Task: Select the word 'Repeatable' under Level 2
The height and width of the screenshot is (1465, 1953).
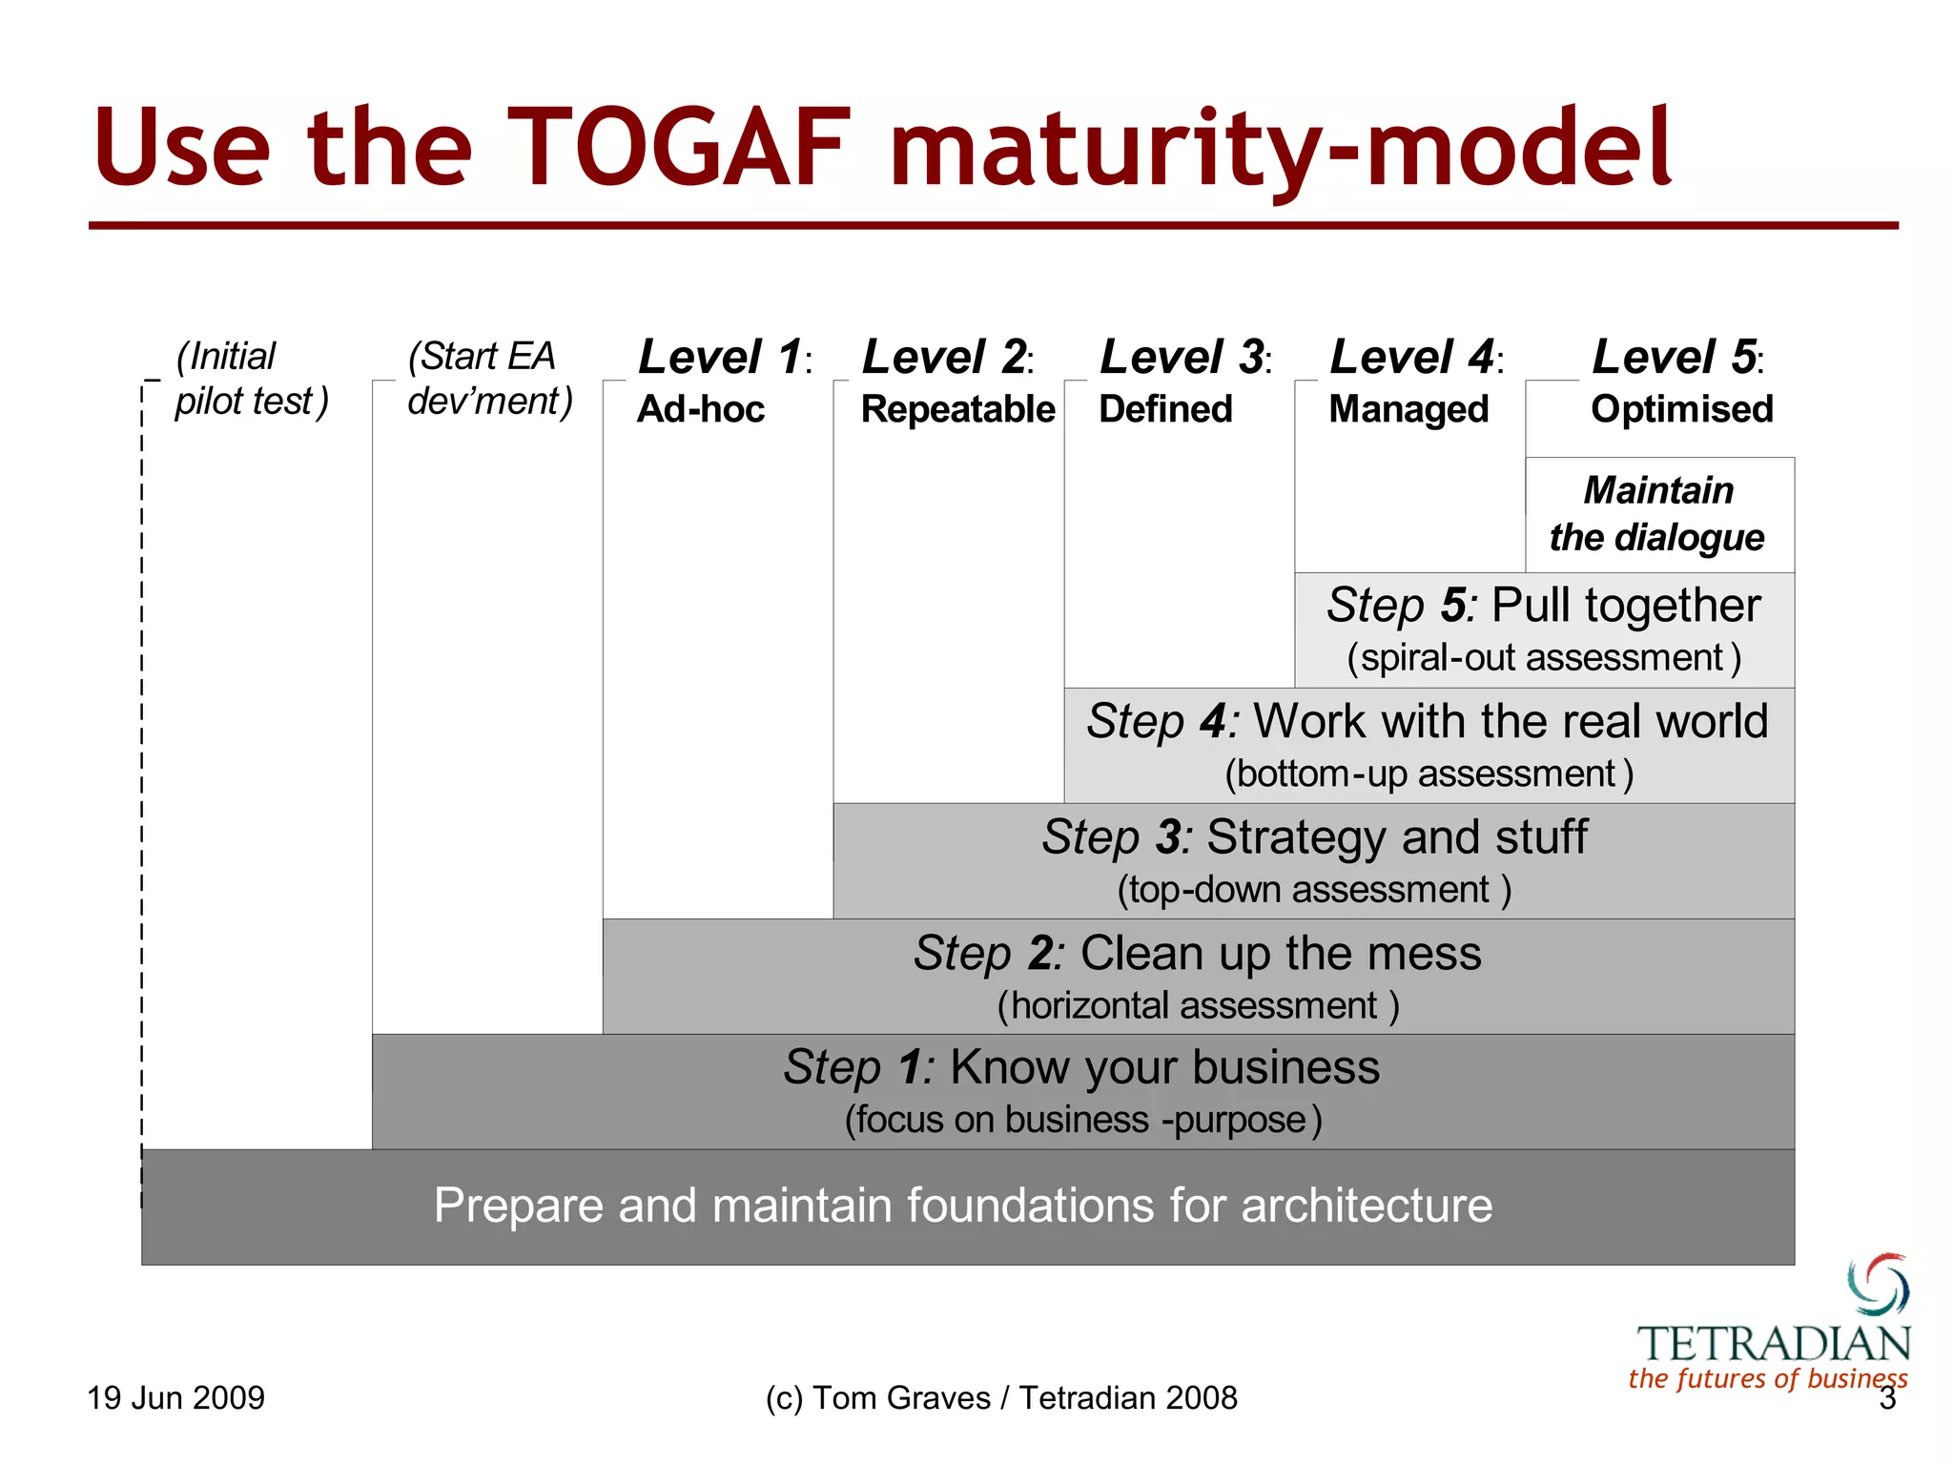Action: coord(957,409)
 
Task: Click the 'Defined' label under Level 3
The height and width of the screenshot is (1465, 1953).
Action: coord(1165,409)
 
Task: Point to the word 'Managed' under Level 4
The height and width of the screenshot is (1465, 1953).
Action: coord(1408,409)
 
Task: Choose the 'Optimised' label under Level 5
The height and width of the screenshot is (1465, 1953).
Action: coord(1681,409)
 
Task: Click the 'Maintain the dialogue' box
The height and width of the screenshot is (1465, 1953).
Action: coord(1658,515)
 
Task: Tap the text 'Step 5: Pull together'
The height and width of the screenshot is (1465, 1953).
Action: coord(1543,606)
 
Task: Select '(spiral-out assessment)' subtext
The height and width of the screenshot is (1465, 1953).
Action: coord(1543,658)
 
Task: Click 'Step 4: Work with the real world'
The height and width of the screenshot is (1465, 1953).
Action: coord(1428,721)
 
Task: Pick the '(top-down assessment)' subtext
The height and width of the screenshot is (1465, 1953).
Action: coord(1313,890)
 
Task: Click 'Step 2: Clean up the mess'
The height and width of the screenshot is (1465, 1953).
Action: coord(1198,953)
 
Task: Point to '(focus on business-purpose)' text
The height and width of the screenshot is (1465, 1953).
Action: coord(1082,1120)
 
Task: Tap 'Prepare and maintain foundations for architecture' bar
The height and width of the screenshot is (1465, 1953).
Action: coord(963,1206)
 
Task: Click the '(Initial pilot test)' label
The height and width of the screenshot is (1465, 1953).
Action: coord(251,379)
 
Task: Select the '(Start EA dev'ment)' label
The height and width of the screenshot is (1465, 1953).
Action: coord(489,379)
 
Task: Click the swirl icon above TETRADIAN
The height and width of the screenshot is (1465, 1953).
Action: coord(1878,1285)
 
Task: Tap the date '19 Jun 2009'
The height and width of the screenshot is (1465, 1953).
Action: coord(175,1398)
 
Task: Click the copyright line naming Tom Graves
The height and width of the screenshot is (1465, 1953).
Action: coord(1000,1398)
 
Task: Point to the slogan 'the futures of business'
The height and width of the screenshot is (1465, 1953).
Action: coord(1767,1379)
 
